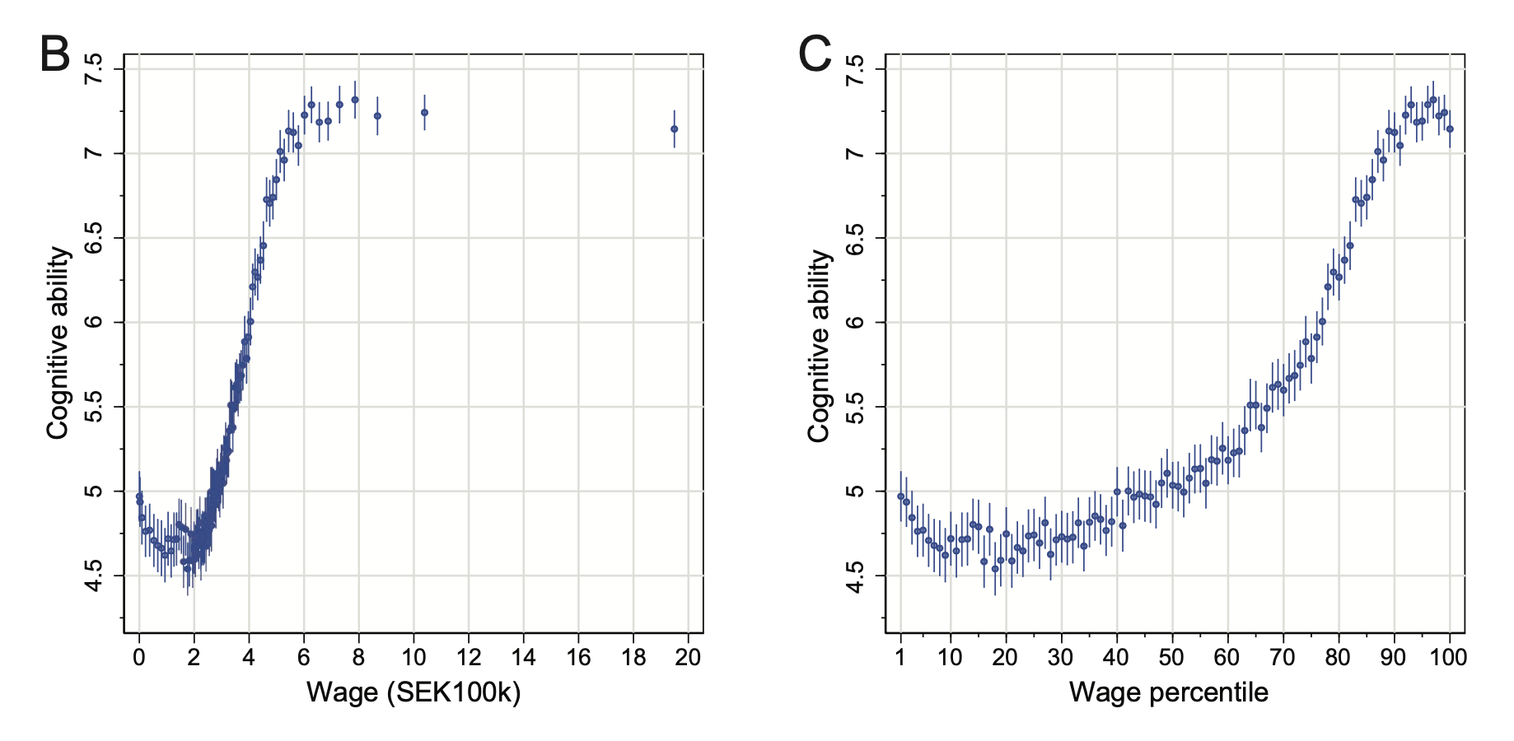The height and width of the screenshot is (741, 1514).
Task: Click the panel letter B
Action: (55, 55)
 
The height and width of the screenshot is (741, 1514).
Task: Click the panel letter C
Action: (815, 55)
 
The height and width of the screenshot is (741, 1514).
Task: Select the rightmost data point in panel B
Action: (674, 128)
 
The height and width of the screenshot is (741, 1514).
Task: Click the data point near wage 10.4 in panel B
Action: (424, 112)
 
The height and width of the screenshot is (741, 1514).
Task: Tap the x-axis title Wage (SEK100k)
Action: (414, 692)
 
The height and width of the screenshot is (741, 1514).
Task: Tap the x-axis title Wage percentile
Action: (1168, 692)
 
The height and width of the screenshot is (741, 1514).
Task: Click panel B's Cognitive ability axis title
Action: (58, 343)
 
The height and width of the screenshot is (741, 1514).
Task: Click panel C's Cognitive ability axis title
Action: (819, 346)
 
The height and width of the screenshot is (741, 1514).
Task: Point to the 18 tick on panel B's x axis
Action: (633, 656)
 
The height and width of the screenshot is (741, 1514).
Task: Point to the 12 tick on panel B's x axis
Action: (468, 656)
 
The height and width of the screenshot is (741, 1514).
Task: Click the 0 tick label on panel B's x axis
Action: (138, 656)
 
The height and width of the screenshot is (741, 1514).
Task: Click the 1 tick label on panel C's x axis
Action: (900, 656)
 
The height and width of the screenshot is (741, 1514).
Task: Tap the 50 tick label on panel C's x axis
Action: (1171, 656)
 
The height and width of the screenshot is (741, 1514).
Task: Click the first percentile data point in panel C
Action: (900, 496)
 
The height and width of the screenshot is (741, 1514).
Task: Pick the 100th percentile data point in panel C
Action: (1450, 128)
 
